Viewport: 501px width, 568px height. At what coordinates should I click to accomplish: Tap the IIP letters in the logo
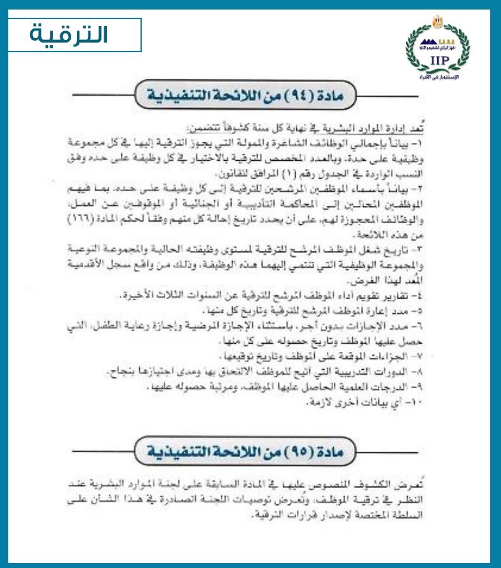click(x=439, y=60)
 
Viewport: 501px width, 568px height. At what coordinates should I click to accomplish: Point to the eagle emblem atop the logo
click(x=439, y=20)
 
